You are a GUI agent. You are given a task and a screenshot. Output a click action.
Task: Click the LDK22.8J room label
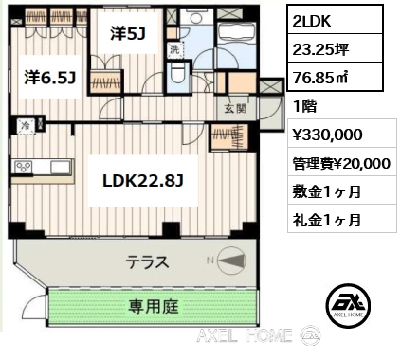(143, 181)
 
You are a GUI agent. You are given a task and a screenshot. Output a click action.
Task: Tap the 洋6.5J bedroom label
(50, 78)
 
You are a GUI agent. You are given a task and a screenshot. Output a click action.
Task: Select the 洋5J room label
(128, 33)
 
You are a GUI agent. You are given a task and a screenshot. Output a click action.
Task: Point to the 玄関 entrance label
(235, 109)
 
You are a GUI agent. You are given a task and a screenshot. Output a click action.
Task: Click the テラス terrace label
(147, 261)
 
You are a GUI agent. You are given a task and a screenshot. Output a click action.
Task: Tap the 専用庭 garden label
(154, 307)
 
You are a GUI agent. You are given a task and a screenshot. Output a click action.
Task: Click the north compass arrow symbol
(231, 261)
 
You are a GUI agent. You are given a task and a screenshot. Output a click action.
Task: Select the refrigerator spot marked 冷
(26, 126)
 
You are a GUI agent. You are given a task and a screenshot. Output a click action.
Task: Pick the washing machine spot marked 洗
(174, 50)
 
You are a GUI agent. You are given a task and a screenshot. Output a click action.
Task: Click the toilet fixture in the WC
(176, 73)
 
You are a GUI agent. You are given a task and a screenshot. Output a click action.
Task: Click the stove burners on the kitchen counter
(24, 167)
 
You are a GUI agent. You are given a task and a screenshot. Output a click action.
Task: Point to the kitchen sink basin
(61, 167)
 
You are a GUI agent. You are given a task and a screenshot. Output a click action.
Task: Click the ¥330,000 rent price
(327, 135)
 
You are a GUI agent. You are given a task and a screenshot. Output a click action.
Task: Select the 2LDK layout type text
(312, 21)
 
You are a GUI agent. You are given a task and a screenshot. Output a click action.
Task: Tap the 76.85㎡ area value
(320, 77)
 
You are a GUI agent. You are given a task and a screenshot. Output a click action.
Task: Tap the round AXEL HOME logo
(348, 305)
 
